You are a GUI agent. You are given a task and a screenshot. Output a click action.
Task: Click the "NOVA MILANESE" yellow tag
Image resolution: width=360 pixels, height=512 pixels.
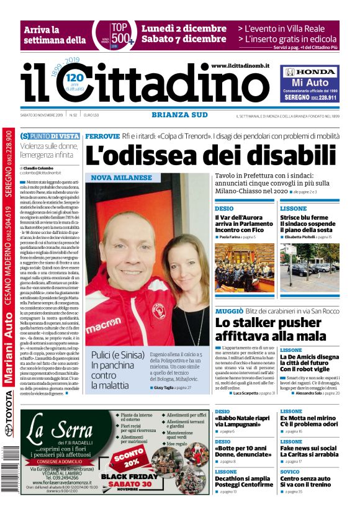click(121, 177)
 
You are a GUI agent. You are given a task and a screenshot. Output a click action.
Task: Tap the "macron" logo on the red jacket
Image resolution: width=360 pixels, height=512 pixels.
click(103, 323)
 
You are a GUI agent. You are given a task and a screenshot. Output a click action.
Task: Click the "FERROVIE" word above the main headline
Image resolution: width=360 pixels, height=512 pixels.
click(102, 135)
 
